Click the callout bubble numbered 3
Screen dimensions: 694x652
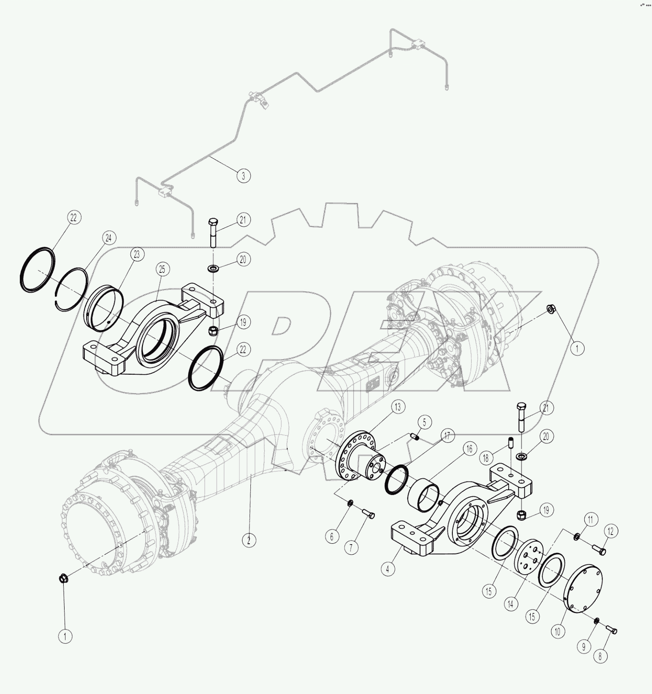[x=243, y=175]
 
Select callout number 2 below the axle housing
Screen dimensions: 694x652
[x=249, y=540]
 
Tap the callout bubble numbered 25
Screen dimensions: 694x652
[x=162, y=269]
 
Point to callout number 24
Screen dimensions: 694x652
[x=108, y=238]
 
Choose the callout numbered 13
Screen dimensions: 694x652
[x=398, y=407]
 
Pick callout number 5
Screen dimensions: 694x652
[x=425, y=422]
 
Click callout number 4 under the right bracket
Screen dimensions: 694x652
[x=388, y=569]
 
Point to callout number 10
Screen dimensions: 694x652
[x=557, y=631]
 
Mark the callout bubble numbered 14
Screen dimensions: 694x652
[x=510, y=604]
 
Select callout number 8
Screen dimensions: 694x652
[x=600, y=656]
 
